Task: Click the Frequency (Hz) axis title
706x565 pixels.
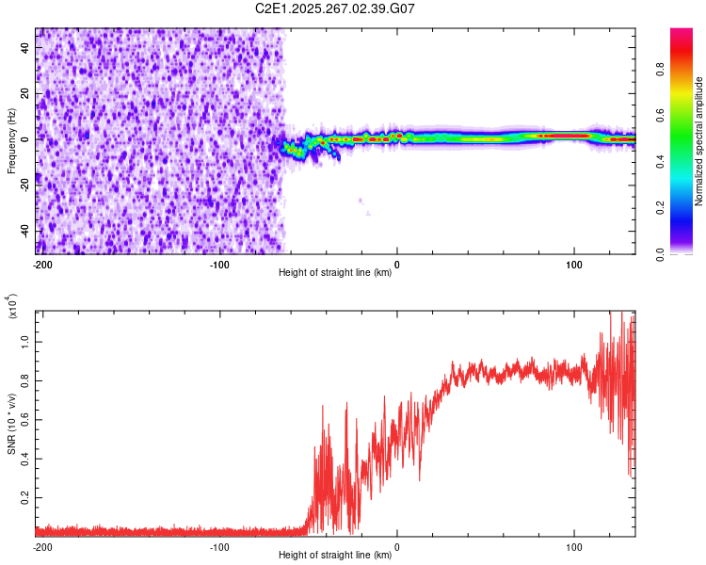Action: (11, 140)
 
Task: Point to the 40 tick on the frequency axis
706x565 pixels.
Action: (25, 47)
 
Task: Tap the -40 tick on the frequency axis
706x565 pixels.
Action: (25, 232)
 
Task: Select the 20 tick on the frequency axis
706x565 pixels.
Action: (25, 93)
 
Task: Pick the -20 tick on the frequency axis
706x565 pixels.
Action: (25, 186)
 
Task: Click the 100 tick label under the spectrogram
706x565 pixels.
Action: (574, 264)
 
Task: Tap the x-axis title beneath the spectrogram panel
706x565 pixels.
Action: (336, 273)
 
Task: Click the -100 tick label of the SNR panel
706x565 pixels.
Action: (219, 546)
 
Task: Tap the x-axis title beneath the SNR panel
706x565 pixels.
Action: (336, 556)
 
